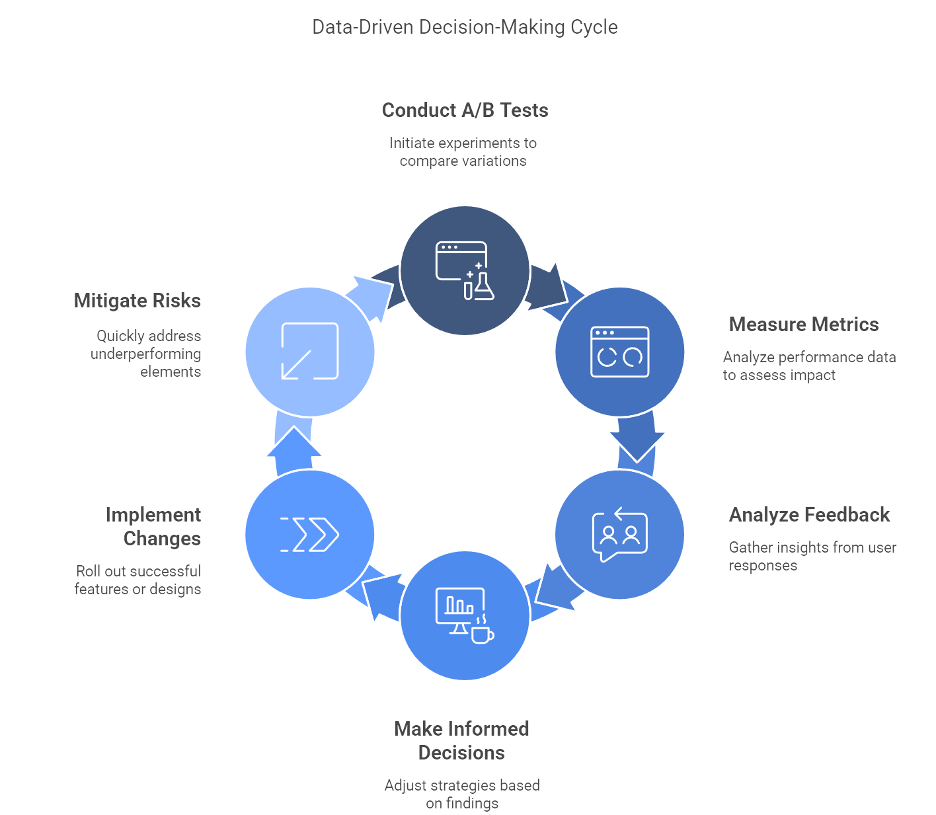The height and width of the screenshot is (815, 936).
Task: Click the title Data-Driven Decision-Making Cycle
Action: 465,27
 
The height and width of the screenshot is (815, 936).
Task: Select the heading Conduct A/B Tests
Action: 465,110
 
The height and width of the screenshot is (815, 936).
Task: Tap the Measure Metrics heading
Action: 803,325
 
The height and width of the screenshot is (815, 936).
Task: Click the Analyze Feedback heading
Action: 809,514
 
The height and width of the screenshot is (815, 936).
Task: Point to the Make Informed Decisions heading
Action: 461,740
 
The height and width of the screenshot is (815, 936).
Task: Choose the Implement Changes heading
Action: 153,526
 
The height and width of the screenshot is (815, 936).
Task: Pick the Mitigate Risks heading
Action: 137,301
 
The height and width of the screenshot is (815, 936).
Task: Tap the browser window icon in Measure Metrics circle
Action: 619,352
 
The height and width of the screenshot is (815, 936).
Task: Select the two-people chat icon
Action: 619,534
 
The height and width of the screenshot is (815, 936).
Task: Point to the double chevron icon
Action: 310,535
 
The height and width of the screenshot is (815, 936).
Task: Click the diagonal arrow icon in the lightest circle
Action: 310,351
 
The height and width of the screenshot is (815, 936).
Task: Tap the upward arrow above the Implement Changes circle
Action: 294,451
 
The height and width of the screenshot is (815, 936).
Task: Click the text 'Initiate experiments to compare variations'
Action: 463,152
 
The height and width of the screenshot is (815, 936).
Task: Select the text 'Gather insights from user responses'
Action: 812,556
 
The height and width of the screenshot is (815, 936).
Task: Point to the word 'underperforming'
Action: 145,354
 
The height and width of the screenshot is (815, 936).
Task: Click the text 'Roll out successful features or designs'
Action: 137,580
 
